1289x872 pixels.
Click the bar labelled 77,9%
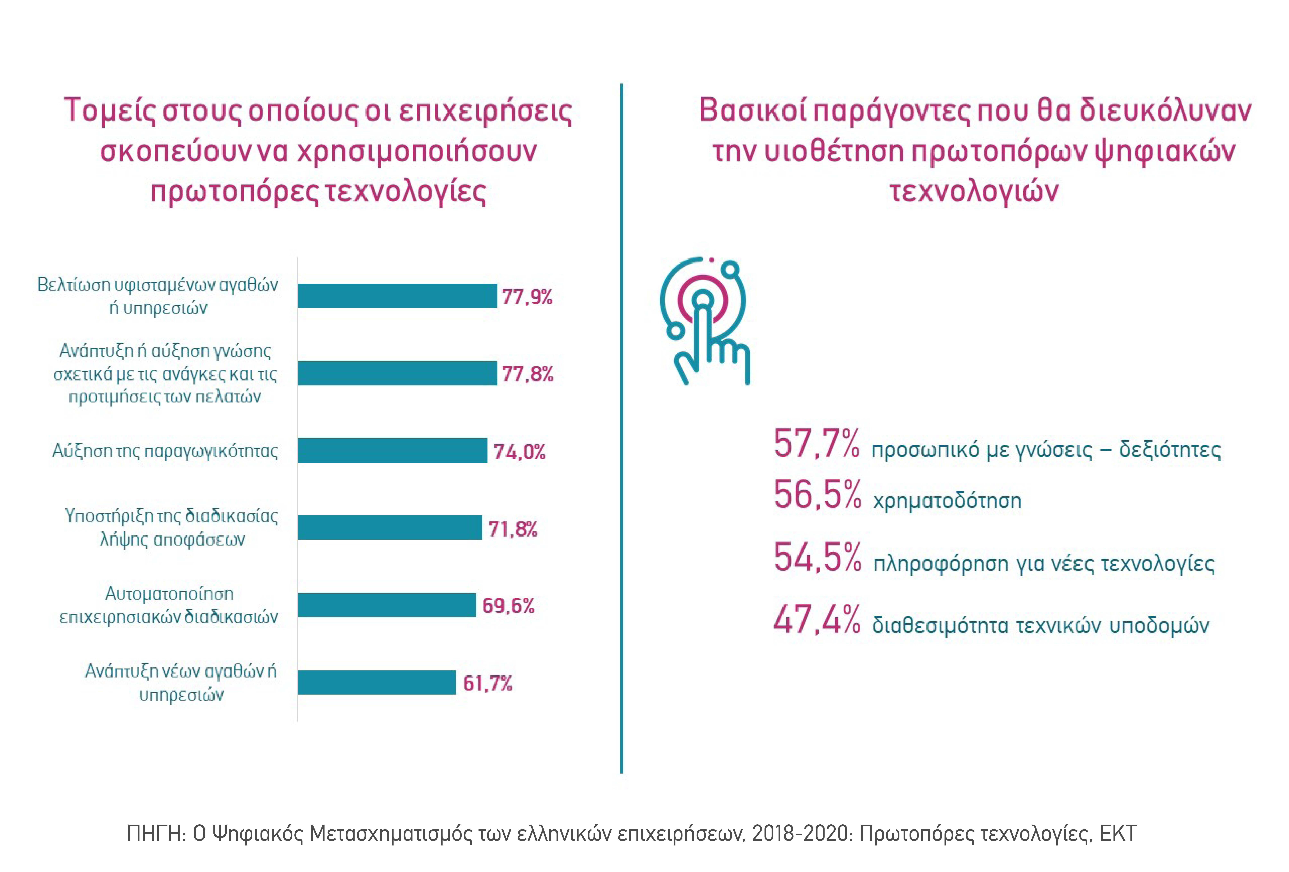(x=397, y=296)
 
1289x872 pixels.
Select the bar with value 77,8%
(x=397, y=373)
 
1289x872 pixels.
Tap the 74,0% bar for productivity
(x=392, y=450)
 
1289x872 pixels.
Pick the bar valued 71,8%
(x=390, y=528)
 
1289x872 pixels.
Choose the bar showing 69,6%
(x=387, y=605)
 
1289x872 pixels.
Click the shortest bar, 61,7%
(x=377, y=682)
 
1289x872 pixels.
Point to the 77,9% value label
(x=527, y=297)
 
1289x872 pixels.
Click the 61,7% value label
(x=487, y=683)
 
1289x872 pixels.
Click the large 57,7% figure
(x=816, y=444)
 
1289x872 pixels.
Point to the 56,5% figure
(x=817, y=495)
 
